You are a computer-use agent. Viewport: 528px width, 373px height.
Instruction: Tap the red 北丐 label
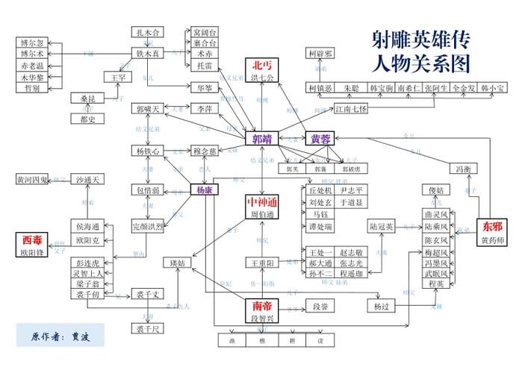263,65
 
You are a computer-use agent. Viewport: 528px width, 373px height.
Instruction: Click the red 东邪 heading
493,226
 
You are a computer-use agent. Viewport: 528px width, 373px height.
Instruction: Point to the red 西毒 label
32,239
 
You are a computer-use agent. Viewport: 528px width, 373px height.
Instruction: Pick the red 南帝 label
262,306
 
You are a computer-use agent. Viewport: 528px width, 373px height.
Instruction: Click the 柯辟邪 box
320,54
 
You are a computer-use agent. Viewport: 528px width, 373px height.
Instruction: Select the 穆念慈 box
204,151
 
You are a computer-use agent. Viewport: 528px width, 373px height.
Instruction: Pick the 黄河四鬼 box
32,180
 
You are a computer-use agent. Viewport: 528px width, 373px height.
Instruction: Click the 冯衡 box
464,169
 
